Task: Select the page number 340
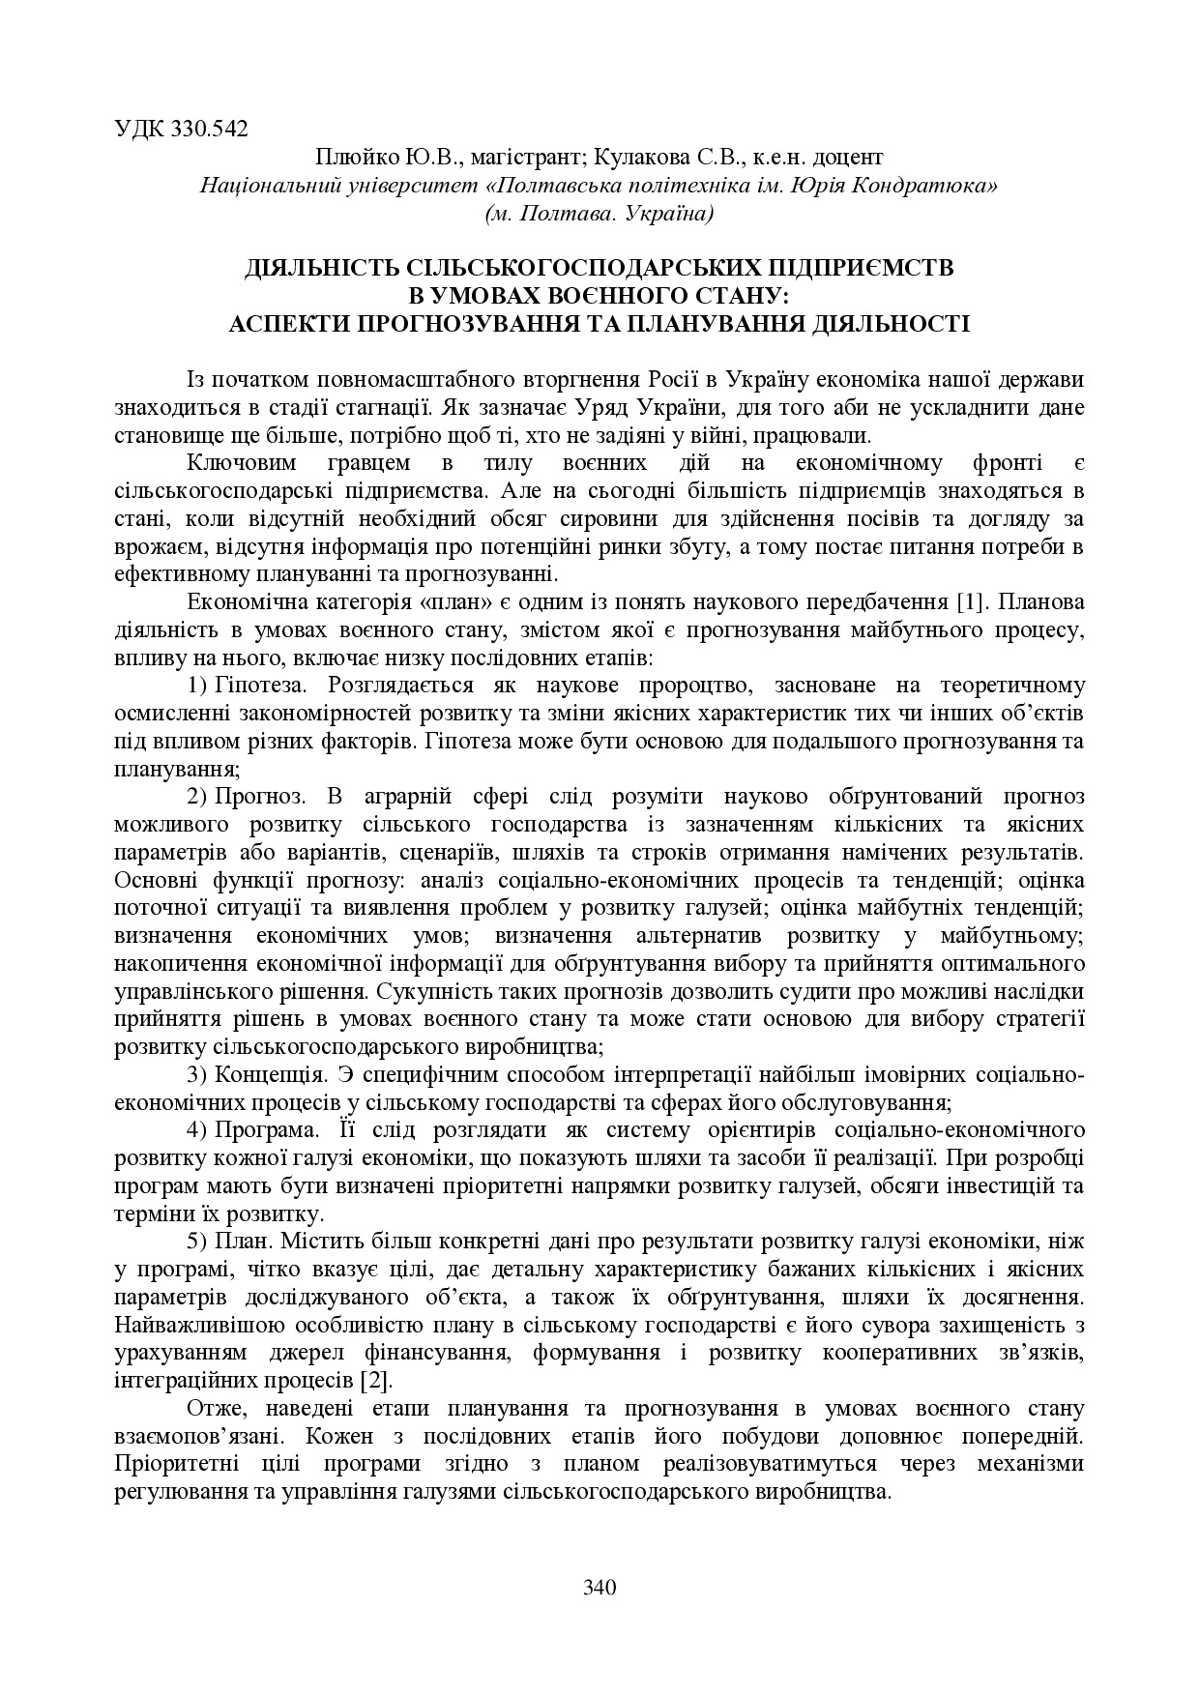[x=599, y=1587]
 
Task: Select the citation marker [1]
[x=970, y=602]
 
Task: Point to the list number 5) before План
[x=197, y=1242]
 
